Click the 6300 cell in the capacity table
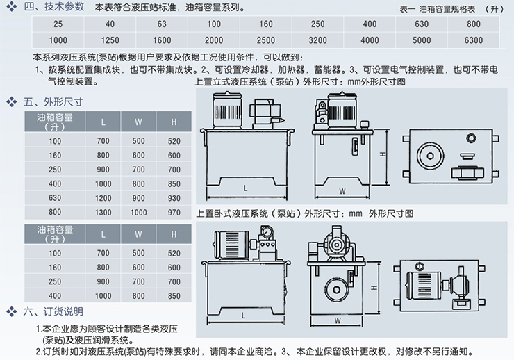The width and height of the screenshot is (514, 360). coord(473,40)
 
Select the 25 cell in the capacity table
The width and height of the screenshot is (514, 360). coord(58,24)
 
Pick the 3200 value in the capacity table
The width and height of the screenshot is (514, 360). coord(317,40)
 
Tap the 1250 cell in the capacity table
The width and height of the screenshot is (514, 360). coord(110,40)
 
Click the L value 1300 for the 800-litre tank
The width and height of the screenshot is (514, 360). coord(103,213)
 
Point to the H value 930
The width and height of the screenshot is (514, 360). coord(174,198)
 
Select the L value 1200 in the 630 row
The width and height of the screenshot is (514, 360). coord(103,198)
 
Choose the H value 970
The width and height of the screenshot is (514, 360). coord(174,213)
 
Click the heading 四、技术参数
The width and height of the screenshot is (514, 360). coord(54,6)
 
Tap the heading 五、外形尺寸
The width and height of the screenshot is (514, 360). coord(53,102)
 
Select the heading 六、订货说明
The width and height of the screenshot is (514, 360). coord(53,311)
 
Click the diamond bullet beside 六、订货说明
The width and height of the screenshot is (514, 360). coord(12,311)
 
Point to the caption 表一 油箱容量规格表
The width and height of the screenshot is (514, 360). coord(438,9)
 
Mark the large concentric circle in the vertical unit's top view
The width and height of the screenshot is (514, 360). coord(431,156)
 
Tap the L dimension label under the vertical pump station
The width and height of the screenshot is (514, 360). coord(245,188)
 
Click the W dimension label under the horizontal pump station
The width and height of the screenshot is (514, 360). coord(338,320)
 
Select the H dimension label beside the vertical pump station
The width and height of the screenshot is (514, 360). coord(383,154)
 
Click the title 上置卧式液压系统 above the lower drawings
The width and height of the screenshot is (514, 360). coord(232,214)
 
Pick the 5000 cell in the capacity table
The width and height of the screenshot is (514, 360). coord(422,40)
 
